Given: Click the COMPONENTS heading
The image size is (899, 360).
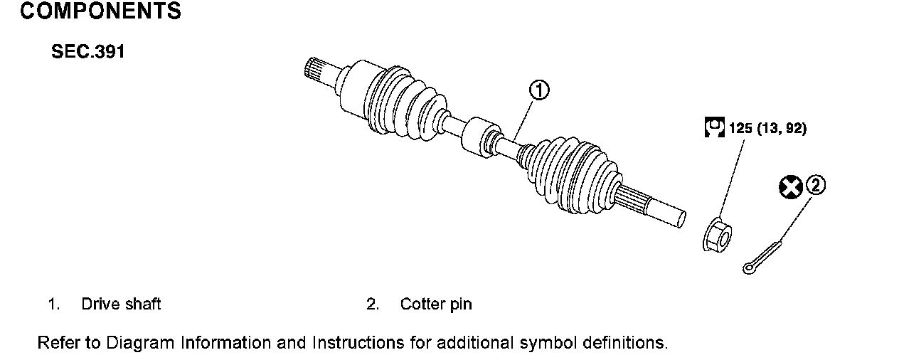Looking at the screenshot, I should [100, 12].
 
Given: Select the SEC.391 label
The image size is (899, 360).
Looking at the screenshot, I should [87, 53].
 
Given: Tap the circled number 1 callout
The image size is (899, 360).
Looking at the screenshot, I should [538, 90].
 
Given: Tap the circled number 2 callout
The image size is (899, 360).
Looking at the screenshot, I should [816, 186].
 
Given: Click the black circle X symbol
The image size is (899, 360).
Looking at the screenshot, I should [790, 187].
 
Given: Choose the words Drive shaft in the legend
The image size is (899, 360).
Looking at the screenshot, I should [121, 305].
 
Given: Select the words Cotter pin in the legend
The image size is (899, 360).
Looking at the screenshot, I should [436, 305].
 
